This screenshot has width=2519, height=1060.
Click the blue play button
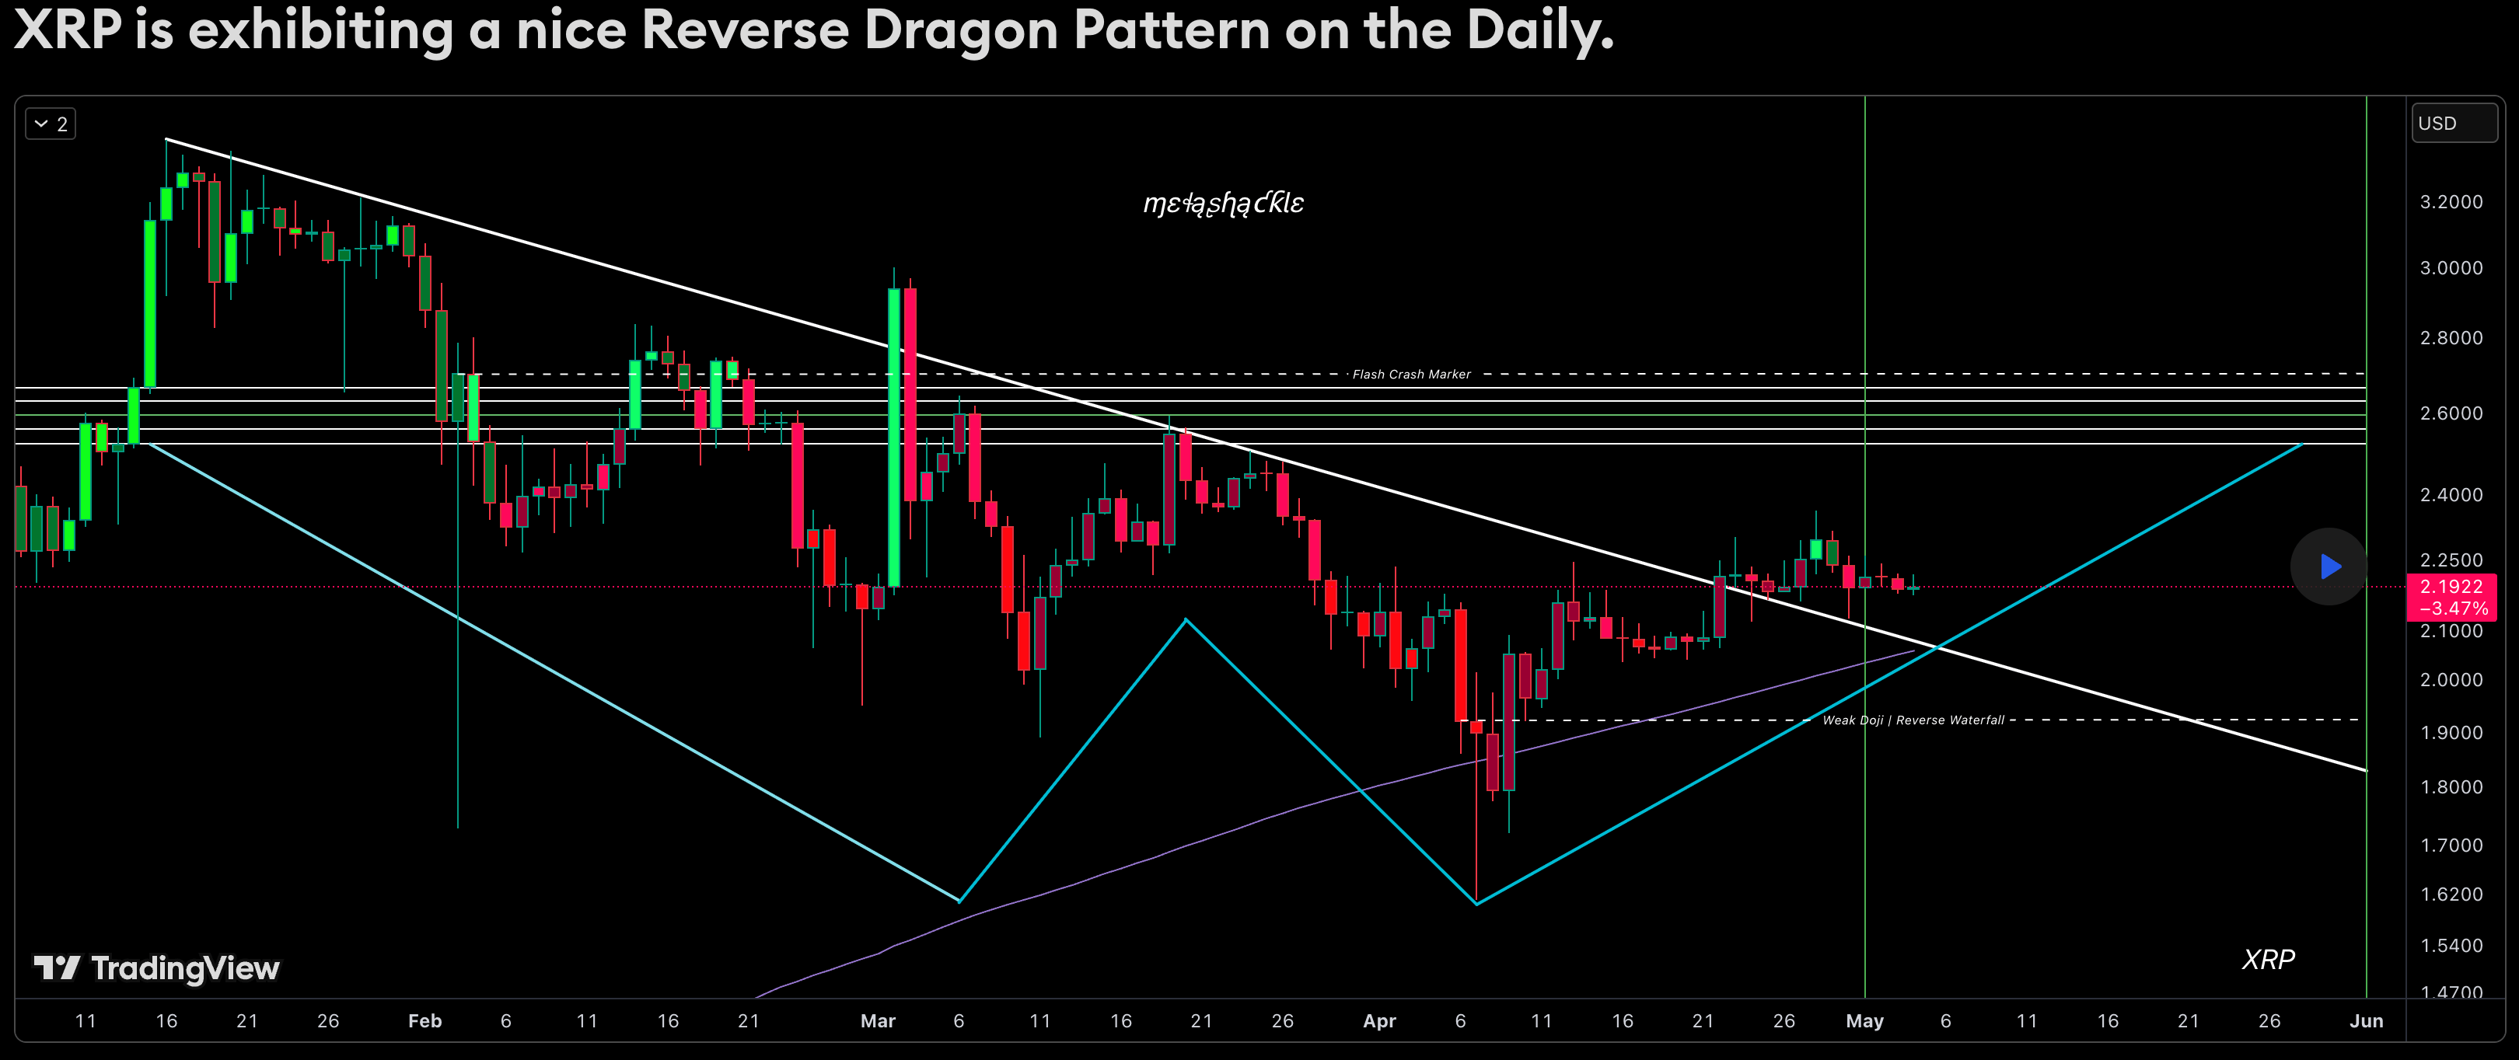point(2329,567)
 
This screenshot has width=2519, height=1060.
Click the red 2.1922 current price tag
point(2451,597)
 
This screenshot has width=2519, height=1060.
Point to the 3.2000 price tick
point(2451,201)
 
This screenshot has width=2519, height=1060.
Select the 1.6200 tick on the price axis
point(2451,894)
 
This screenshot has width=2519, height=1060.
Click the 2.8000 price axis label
point(2451,337)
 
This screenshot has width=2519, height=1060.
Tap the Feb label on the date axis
point(424,1021)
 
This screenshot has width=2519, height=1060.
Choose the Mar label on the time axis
point(877,1021)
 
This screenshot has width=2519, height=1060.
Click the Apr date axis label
point(1378,1021)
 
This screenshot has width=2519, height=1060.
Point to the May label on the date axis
point(1864,1021)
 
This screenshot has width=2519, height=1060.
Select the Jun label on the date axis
point(2366,1021)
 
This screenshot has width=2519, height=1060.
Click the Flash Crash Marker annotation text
point(1411,375)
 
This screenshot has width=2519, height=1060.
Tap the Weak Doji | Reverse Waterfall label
point(1913,720)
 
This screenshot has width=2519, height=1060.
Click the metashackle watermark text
point(1223,204)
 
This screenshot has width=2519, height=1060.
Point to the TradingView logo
point(156,968)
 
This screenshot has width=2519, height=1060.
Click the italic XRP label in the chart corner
point(2268,959)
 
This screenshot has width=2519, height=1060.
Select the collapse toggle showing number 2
point(51,124)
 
